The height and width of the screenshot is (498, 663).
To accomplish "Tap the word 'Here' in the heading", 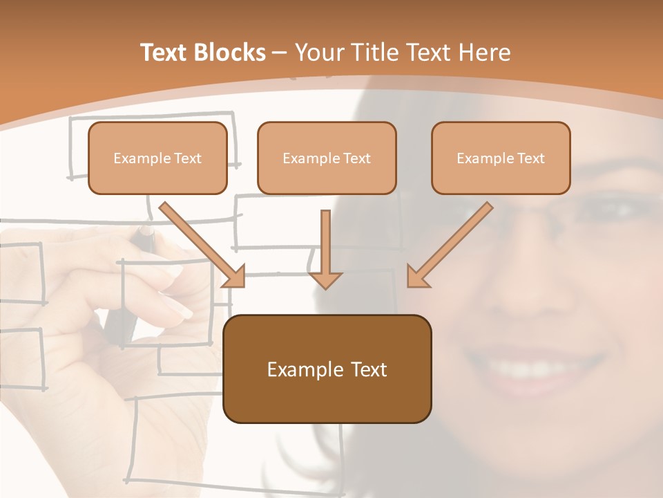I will (x=484, y=53).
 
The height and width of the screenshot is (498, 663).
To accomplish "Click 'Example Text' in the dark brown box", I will (x=327, y=369).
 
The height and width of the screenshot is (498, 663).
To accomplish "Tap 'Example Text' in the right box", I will (x=501, y=158).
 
